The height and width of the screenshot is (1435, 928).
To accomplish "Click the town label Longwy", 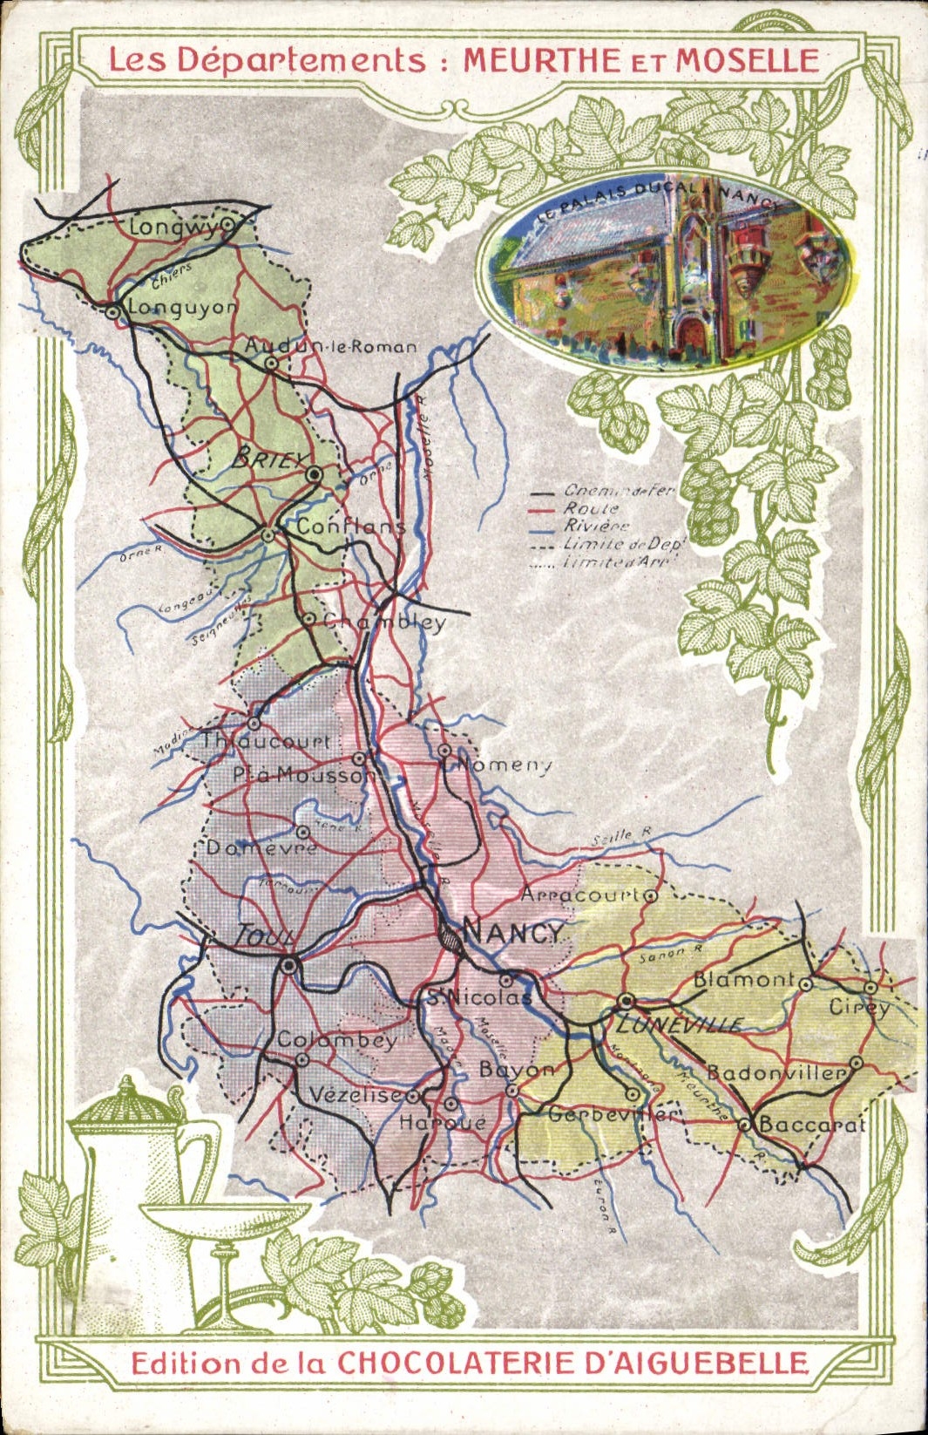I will click(173, 228).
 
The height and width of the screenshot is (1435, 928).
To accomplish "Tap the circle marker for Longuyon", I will click(113, 311).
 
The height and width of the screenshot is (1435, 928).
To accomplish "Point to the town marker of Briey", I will click(315, 474).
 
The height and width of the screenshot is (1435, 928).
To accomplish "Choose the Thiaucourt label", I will click(265, 742).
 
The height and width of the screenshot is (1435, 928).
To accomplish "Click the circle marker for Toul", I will click(289, 965).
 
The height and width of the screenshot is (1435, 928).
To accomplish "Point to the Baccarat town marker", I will click(745, 1125).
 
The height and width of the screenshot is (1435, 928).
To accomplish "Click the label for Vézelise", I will click(356, 1095).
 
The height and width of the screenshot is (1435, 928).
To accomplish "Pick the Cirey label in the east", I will click(858, 1007).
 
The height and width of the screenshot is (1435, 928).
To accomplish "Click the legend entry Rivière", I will click(596, 526).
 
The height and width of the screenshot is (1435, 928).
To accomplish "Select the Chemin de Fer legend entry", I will click(618, 491).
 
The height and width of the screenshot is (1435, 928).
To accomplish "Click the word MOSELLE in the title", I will click(748, 60).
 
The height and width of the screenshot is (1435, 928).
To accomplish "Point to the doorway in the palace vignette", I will click(694, 337).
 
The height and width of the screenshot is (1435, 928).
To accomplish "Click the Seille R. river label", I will click(620, 836).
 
